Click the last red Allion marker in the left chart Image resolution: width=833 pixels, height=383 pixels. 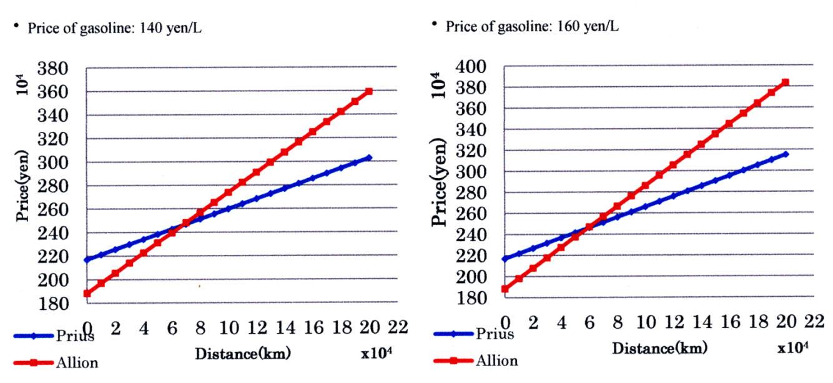tap(369, 91)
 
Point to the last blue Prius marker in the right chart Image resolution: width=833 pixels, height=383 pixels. tap(786, 154)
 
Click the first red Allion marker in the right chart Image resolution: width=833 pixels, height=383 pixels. tap(505, 289)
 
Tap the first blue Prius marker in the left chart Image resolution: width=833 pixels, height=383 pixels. tap(87, 259)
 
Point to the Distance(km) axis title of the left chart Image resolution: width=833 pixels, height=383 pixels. tap(243, 354)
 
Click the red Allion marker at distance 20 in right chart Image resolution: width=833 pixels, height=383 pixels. tap(786, 82)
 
